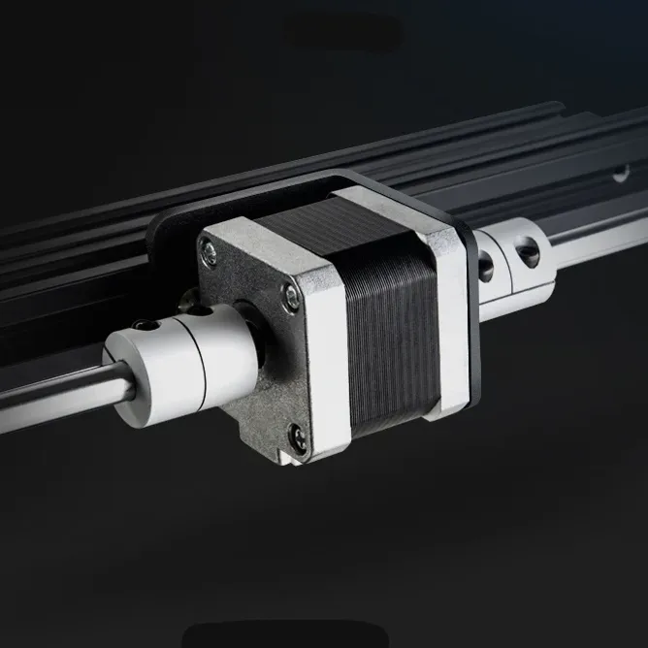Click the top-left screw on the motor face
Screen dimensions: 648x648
[x=209, y=254]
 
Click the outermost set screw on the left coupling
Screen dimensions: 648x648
[x=146, y=326]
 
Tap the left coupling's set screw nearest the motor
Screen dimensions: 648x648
[x=198, y=313]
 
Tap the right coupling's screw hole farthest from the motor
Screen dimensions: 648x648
[x=528, y=253]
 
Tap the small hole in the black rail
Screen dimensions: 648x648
[x=620, y=174]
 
